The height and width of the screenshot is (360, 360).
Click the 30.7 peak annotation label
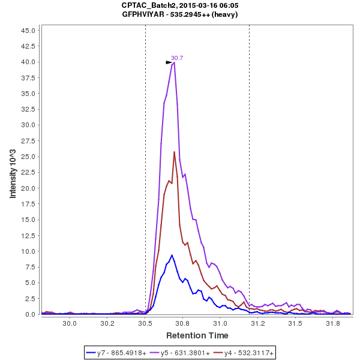[177, 58]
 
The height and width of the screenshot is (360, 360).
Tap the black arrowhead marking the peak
[169, 62]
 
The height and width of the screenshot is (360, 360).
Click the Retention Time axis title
[197, 335]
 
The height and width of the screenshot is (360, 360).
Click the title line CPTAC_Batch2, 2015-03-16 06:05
[180, 5]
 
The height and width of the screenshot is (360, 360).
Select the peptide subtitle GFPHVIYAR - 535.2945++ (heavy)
[180, 14]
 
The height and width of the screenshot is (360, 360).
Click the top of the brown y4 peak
[174, 152]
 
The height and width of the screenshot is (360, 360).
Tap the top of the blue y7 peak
[172, 255]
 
